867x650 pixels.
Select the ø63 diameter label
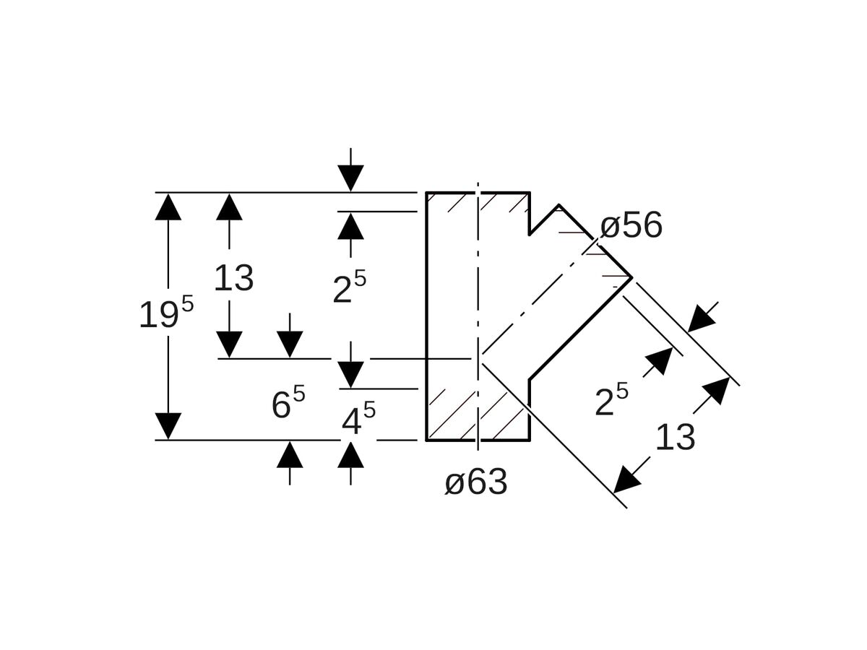click(475, 482)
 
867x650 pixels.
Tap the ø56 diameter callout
click(631, 225)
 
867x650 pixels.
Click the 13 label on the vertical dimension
click(233, 278)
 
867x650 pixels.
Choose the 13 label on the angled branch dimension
click(675, 438)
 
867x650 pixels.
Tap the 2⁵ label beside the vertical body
click(349, 287)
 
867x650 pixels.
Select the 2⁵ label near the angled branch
click(611, 401)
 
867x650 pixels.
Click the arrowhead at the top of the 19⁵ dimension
click(168, 207)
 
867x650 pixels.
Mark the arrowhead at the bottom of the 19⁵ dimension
click(168, 426)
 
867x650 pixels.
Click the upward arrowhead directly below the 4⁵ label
click(351, 454)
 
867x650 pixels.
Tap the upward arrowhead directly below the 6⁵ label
click(290, 454)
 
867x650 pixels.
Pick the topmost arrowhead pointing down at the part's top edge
click(351, 178)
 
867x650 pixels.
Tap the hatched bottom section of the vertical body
click(477, 415)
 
